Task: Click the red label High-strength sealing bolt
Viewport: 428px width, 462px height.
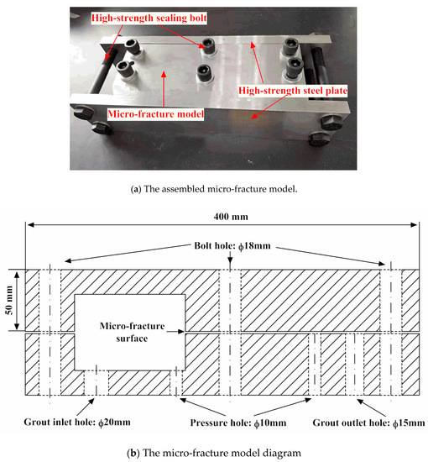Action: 149,18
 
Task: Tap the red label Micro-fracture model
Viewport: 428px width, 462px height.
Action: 156,113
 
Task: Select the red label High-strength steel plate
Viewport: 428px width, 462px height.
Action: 293,91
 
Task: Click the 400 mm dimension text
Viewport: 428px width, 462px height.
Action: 231,217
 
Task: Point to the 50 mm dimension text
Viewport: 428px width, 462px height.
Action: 10,300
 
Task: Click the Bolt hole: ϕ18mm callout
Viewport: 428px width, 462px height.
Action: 232,246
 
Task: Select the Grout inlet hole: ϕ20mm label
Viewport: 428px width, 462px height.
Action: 77,423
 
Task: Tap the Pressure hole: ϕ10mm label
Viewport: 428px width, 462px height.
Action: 238,423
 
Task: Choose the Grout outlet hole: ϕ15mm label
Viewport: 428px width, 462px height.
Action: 368,423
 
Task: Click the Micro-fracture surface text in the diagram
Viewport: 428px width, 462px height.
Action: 132,332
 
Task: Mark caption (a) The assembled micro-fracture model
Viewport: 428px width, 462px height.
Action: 214,189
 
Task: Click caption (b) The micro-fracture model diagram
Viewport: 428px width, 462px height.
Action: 214,453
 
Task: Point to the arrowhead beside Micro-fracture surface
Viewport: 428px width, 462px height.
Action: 181,332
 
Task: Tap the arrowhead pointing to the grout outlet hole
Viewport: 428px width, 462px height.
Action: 360,401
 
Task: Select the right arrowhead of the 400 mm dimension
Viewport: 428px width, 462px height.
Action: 414,225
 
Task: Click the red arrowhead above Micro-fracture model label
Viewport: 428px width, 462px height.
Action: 164,74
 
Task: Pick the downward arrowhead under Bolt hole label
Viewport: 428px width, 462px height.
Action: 230,260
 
